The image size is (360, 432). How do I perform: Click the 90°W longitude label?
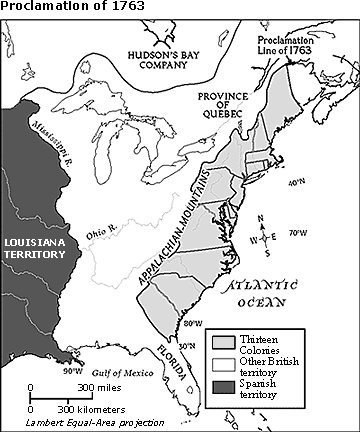[x=73, y=371]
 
